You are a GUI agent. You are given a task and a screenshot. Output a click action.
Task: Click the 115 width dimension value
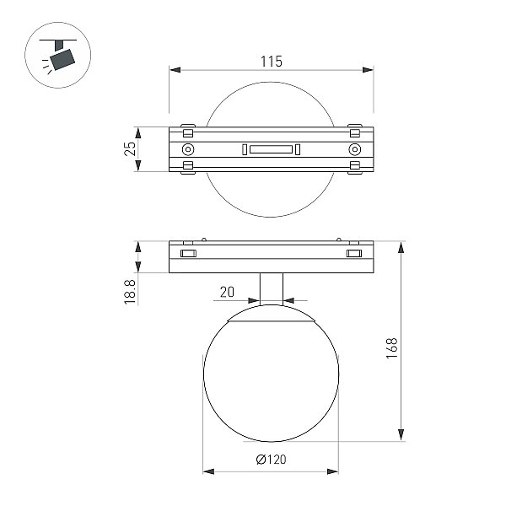271,62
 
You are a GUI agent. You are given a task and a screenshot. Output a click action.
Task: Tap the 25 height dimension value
131,148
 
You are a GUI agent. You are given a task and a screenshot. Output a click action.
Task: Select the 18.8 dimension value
130,292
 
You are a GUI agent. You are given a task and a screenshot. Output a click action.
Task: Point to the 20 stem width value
227,292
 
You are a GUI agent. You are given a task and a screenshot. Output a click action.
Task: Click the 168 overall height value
391,347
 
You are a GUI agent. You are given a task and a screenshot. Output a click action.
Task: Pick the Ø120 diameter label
271,460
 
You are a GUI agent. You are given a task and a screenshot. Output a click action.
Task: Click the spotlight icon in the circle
58,55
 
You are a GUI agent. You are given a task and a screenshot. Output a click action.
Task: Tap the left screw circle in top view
188,149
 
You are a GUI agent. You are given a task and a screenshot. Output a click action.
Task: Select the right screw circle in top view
355,149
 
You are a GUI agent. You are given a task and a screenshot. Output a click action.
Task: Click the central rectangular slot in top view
271,149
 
